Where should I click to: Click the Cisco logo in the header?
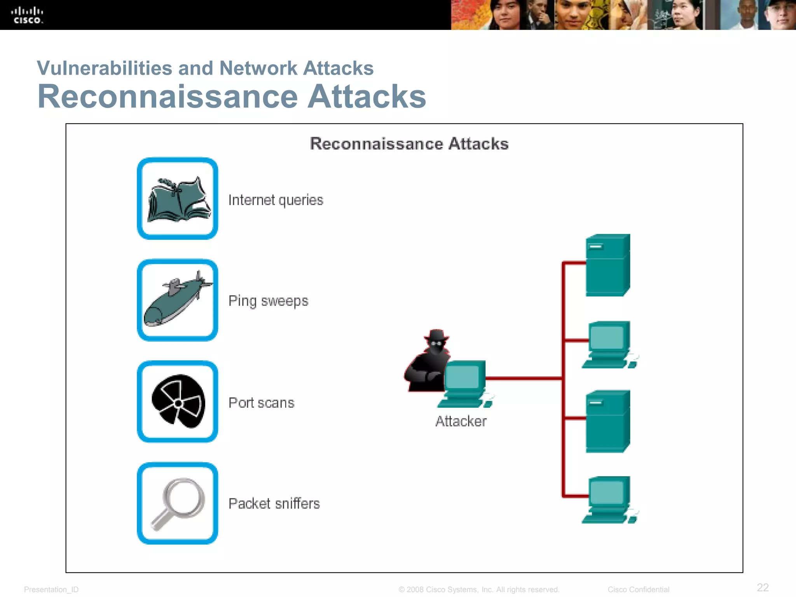pyautogui.click(x=27, y=16)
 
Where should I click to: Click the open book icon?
pyautogui.click(x=179, y=200)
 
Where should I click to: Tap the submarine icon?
pyautogui.click(x=177, y=299)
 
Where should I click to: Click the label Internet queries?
pyautogui.click(x=276, y=200)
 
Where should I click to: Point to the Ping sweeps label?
pyautogui.click(x=268, y=301)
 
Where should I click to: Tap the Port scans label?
pyautogui.click(x=261, y=403)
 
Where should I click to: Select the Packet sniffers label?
pyautogui.click(x=274, y=504)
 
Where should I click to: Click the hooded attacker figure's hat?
pyautogui.click(x=436, y=335)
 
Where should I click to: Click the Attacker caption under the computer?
pyautogui.click(x=461, y=421)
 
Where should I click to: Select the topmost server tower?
pyautogui.click(x=607, y=265)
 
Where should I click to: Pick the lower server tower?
pyautogui.click(x=607, y=421)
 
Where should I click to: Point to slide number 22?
pyautogui.click(x=763, y=587)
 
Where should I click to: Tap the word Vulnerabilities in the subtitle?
pyautogui.click(x=104, y=68)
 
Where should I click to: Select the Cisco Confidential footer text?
pyautogui.click(x=638, y=590)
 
